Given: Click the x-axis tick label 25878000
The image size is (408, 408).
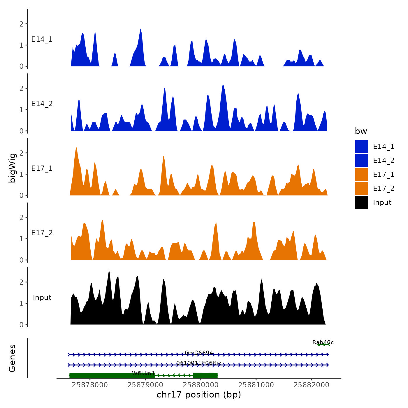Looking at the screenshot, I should pos(90,385).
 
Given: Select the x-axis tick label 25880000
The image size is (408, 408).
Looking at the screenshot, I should pos(201,385).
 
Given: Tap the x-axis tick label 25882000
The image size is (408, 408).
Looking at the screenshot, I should pos(312,385).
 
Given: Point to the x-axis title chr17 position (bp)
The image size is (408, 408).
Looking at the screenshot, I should pos(199,395).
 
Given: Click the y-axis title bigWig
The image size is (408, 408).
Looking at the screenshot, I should pos(12,168).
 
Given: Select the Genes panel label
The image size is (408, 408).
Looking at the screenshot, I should pos(12,358).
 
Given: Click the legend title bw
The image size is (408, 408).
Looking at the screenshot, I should pos(361,131).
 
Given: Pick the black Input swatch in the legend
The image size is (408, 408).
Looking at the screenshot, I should pos(361,202).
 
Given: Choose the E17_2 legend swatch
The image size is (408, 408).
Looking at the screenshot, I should pos(361,188).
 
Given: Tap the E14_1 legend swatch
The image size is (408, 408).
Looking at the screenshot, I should pos(361,146).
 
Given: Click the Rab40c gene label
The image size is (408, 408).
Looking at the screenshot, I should pos(323,342).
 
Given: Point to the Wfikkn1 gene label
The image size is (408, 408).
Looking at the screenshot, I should pos(143,373).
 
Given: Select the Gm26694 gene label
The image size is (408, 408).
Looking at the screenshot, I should pos(199,353).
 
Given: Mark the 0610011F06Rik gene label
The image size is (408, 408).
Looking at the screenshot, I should pos(199,363).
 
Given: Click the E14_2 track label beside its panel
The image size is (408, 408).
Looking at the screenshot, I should pos(42,104).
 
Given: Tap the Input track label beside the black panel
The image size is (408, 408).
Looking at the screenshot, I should pos(42,298).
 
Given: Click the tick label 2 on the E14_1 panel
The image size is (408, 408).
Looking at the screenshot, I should pos(21,24).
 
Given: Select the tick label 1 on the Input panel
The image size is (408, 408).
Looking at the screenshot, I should pos(21,303).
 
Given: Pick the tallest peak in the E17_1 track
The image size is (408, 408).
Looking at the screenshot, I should pos(76,148).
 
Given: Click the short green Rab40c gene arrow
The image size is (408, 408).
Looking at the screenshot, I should pos(323,344).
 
